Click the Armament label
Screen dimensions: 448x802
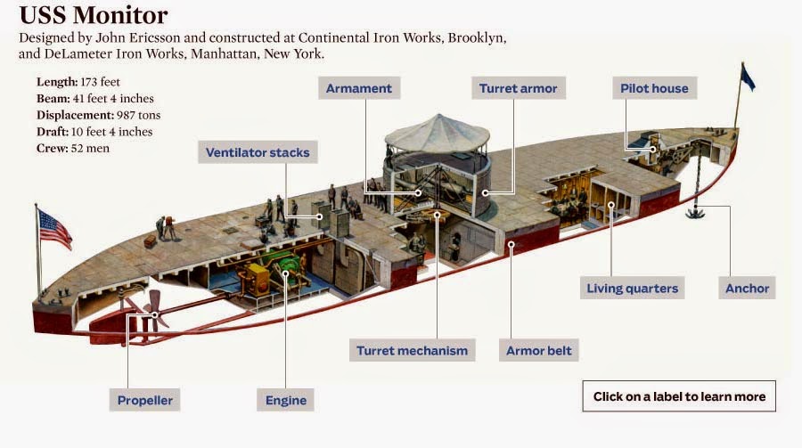point(359,88)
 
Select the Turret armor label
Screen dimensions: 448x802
point(518,88)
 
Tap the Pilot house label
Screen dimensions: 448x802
point(654,88)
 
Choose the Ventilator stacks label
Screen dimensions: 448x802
point(258,152)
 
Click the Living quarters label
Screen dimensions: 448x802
point(632,288)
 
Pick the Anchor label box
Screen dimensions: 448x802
point(747,288)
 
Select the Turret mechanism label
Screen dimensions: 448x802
point(412,350)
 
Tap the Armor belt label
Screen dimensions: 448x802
point(539,350)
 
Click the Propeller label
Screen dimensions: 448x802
point(145,400)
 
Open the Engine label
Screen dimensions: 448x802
point(285,400)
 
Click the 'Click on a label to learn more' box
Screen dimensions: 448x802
point(679,396)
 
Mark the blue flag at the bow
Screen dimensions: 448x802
point(747,78)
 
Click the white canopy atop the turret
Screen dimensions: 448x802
point(437,132)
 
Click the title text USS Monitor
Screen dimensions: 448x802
point(93,16)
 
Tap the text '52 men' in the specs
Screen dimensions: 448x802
point(93,148)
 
